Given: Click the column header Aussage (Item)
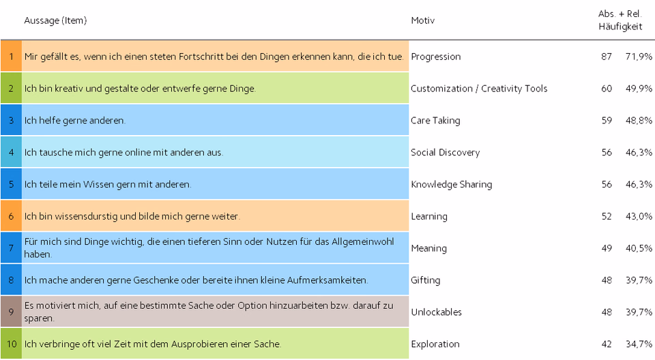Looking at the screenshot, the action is (55, 20).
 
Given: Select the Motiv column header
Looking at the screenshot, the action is (423, 20).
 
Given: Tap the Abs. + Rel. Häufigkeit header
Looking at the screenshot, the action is (620, 20).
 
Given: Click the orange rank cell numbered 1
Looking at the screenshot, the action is (12, 56).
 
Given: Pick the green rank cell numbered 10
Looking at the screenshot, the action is (12, 344).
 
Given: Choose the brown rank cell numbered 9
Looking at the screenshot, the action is (12, 312).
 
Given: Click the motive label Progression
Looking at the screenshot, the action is (436, 57).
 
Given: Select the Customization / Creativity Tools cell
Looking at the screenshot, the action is (479, 89).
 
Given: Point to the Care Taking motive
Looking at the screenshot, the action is (435, 120).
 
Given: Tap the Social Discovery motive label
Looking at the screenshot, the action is (446, 153).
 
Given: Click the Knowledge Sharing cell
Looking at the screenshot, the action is (451, 184).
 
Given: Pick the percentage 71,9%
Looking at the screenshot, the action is (639, 57).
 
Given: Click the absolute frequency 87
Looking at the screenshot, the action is (607, 57).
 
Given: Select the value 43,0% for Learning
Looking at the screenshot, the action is (639, 216).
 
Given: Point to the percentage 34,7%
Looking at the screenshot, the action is (639, 344).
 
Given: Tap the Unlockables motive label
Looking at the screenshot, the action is (436, 312).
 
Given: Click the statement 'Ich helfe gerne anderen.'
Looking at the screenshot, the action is (75, 120).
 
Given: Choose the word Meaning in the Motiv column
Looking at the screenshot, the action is (428, 248).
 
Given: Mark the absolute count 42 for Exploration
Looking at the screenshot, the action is (607, 344).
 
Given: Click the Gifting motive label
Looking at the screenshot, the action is (425, 280).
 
